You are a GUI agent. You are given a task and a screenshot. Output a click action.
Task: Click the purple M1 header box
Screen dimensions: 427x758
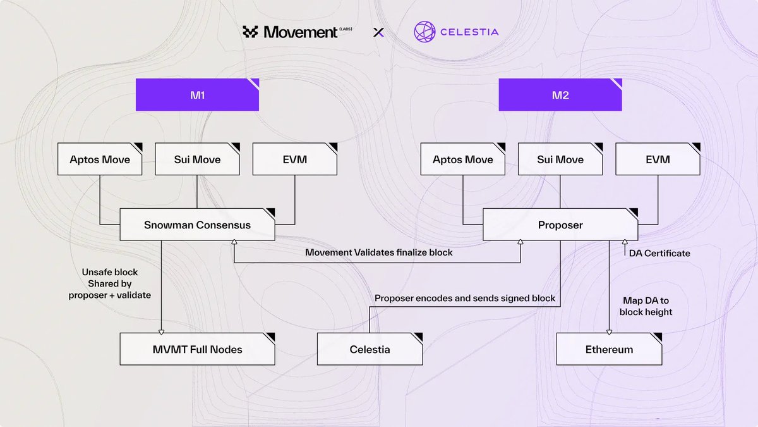click(x=197, y=95)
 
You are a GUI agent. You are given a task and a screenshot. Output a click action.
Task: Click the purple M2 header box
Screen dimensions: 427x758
click(x=560, y=95)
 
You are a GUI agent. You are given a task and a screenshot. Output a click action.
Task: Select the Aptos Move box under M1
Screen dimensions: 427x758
click(x=100, y=159)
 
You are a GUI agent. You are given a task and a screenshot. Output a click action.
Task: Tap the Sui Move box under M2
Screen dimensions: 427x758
click(x=560, y=159)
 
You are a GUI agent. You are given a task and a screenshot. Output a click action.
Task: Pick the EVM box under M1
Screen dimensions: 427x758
click(x=294, y=159)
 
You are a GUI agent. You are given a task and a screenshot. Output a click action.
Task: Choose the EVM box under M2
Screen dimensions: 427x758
click(x=658, y=159)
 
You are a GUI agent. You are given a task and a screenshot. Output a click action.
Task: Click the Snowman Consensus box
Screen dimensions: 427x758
click(x=197, y=225)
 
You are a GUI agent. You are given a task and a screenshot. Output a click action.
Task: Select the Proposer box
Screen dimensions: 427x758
click(x=560, y=225)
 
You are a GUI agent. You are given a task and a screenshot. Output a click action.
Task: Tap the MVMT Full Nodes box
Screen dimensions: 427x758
click(x=197, y=349)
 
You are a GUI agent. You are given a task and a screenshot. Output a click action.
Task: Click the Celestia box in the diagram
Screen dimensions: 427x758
click(x=370, y=349)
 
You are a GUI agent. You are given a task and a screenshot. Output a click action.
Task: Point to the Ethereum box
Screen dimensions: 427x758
click(x=609, y=349)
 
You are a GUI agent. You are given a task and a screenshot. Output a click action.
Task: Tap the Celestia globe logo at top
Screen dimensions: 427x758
click(x=425, y=32)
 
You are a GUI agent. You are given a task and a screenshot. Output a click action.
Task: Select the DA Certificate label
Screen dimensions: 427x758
click(x=659, y=253)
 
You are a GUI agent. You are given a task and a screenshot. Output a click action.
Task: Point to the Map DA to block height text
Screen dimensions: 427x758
click(x=646, y=306)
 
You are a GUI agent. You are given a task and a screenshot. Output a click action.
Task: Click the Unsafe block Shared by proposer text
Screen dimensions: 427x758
click(x=110, y=283)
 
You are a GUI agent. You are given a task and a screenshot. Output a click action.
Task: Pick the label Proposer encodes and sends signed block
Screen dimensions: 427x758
click(x=465, y=298)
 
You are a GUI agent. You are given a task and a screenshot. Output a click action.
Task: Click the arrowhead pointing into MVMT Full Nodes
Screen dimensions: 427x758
click(x=161, y=331)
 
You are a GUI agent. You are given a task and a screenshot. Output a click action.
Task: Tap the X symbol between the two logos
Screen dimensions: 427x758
click(x=378, y=32)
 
